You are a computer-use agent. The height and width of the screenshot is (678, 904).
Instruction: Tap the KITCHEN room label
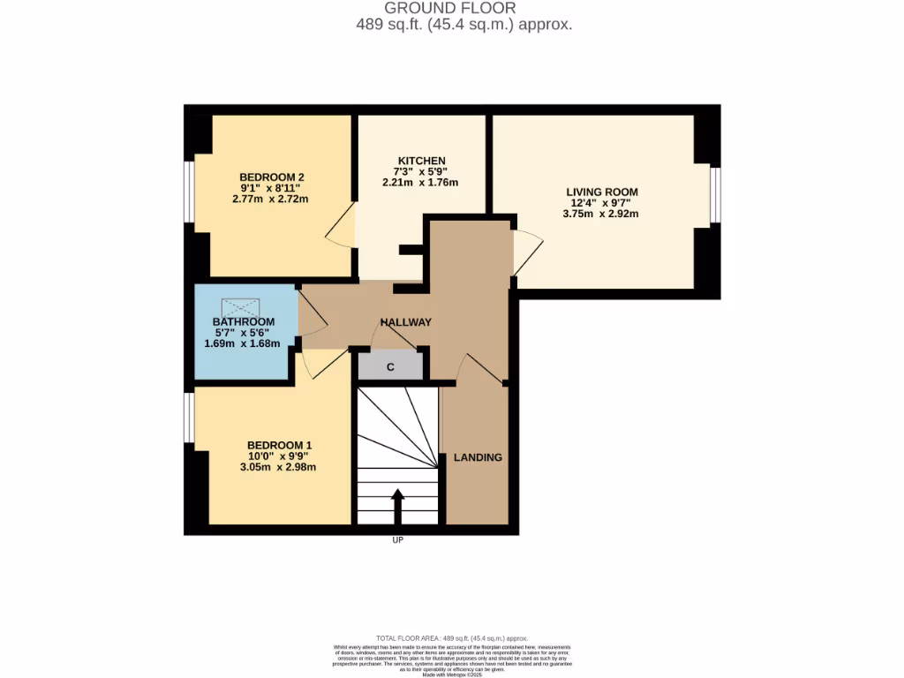tap(419, 161)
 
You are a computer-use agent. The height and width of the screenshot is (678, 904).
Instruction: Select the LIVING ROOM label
tap(602, 192)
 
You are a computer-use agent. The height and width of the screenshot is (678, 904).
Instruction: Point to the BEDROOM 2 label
tap(272, 177)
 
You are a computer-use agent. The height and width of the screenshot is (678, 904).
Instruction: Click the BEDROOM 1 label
tap(279, 445)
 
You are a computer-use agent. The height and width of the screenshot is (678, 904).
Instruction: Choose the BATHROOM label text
tap(243, 321)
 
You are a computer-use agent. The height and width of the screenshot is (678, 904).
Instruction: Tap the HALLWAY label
tap(406, 322)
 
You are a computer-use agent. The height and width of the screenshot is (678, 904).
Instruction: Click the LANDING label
tap(478, 457)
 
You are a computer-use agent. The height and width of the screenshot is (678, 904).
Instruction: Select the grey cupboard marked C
tap(390, 366)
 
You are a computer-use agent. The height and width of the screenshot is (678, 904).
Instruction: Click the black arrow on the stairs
tap(397, 507)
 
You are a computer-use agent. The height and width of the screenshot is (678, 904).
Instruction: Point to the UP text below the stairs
tap(397, 540)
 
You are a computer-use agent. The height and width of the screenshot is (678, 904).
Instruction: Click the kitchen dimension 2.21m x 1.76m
tap(420, 183)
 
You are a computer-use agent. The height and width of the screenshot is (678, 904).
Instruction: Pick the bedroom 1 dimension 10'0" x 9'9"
tap(278, 456)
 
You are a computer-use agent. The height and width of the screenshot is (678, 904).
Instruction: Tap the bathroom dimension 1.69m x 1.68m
tap(242, 343)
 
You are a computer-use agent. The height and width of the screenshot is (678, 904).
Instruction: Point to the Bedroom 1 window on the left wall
tap(190, 417)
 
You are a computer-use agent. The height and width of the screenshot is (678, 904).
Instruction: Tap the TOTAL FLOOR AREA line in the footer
tap(451, 638)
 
